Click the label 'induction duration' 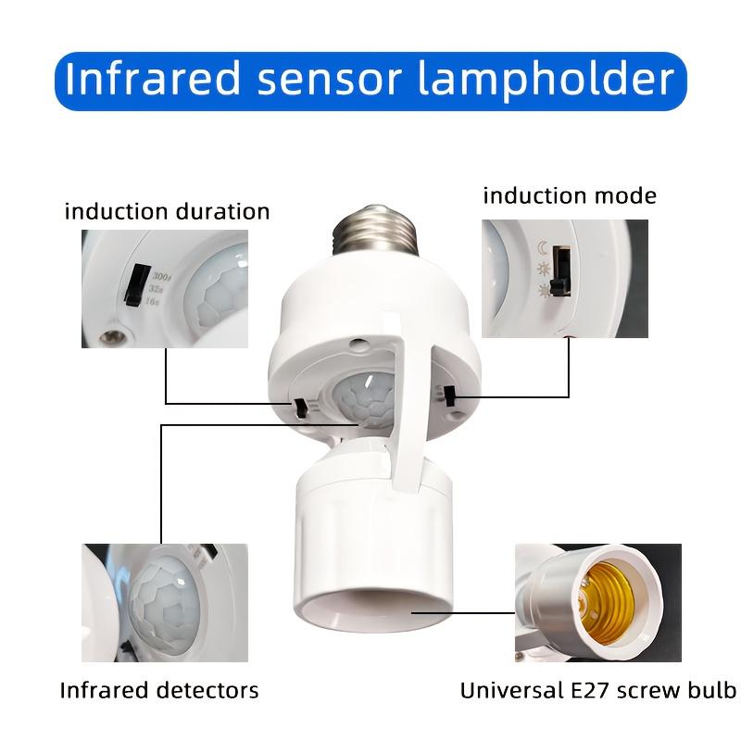pyautogui.click(x=167, y=211)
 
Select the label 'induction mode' pyautogui.click(x=570, y=195)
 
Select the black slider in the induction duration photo pyautogui.click(x=136, y=287)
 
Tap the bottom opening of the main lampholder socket pyautogui.click(x=370, y=611)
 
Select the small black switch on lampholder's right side pyautogui.click(x=449, y=397)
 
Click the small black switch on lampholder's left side pyautogui.click(x=301, y=407)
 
